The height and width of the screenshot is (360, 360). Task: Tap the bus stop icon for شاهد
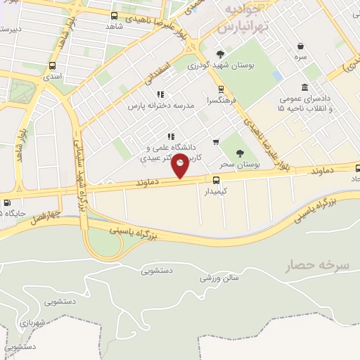point(115,15)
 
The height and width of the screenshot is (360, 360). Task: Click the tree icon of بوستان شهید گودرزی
point(221,54)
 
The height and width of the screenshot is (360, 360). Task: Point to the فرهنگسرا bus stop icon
point(221,89)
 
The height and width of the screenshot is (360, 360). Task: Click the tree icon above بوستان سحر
point(240,153)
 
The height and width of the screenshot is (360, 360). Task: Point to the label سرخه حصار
point(316,266)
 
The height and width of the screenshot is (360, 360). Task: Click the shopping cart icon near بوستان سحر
point(216,142)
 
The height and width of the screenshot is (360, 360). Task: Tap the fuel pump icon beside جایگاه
point(7,204)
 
